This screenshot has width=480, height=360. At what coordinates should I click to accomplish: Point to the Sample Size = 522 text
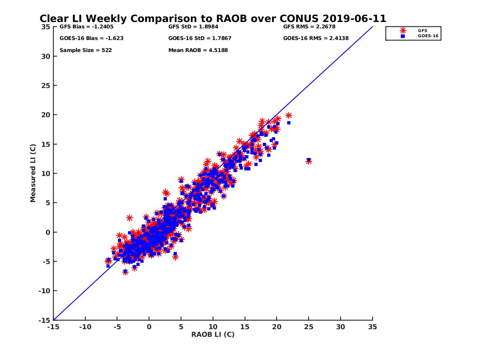(x=86, y=50)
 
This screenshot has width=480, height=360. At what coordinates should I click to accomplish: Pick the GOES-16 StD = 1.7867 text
(x=200, y=38)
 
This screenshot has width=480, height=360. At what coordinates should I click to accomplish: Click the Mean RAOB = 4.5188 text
(x=198, y=50)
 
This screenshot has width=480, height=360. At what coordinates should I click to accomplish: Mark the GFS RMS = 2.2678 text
(x=309, y=27)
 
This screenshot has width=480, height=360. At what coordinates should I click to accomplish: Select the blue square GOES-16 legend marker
(x=403, y=36)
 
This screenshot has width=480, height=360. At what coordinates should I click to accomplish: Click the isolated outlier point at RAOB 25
(x=308, y=161)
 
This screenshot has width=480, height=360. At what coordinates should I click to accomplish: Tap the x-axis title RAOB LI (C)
(x=213, y=334)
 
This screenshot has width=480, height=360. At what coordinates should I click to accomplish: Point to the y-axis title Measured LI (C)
(x=33, y=173)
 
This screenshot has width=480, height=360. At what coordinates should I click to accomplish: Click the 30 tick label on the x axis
(x=341, y=327)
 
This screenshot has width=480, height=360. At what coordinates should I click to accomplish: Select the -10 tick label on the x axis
(x=85, y=327)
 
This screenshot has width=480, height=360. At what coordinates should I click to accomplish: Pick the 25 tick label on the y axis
(x=46, y=86)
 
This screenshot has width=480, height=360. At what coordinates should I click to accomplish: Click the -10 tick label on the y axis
(x=45, y=291)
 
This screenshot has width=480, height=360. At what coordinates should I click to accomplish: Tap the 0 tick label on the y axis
(x=48, y=232)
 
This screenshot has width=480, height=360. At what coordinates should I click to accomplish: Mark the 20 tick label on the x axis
(x=277, y=327)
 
